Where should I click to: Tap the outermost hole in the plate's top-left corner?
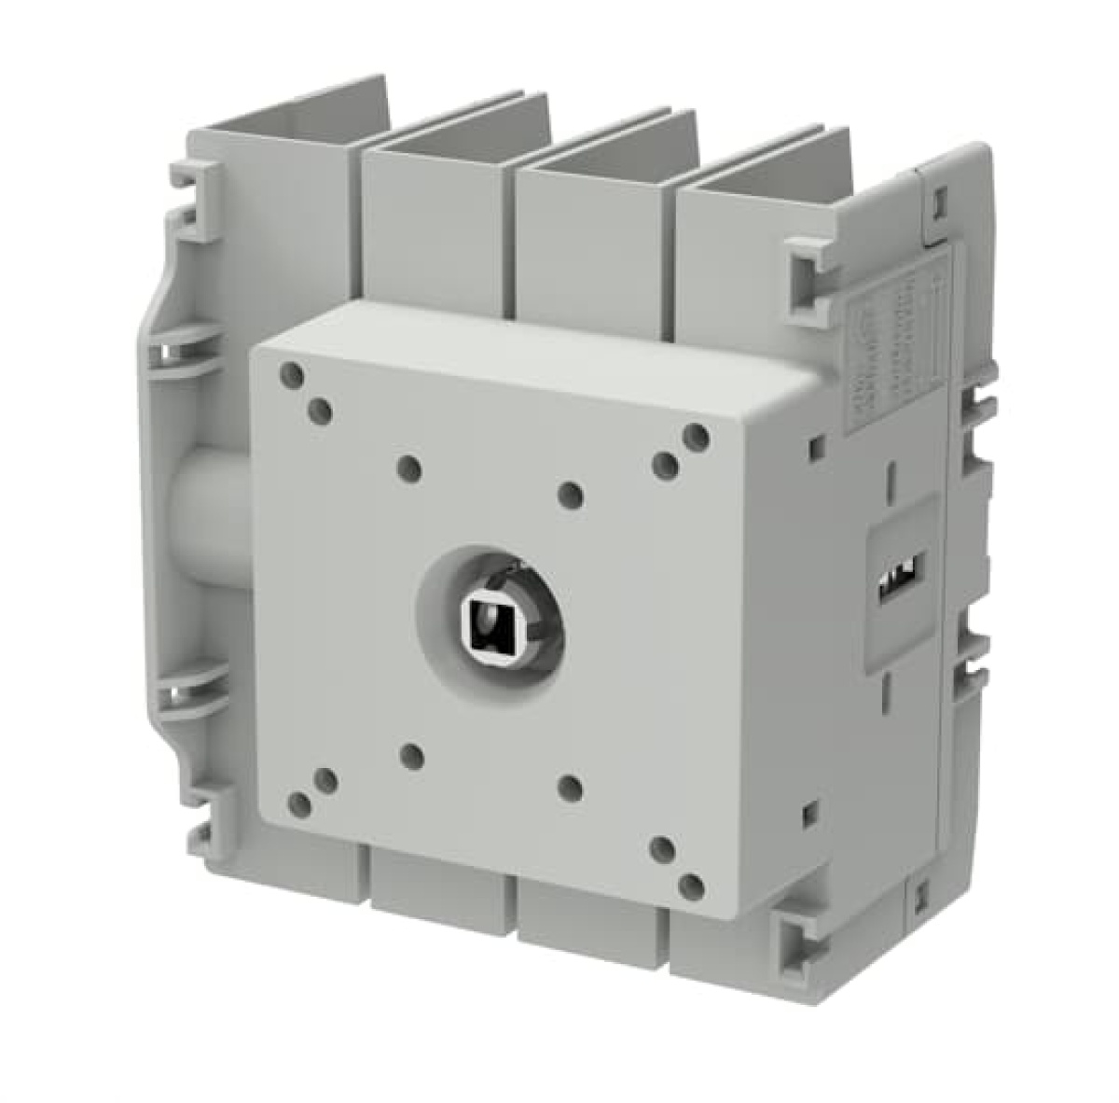pyautogui.click(x=291, y=376)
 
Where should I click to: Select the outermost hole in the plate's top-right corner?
pyautogui.click(x=694, y=435)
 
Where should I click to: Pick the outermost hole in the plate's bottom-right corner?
pyautogui.click(x=691, y=885)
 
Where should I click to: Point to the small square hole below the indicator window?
pyautogui.click(x=809, y=808)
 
